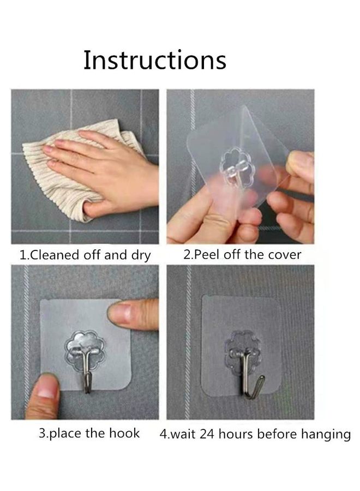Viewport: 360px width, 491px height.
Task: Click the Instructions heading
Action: click(x=154, y=60)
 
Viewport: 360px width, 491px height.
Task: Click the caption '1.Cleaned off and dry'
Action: click(x=85, y=255)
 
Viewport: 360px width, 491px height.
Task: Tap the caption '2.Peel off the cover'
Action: click(x=242, y=254)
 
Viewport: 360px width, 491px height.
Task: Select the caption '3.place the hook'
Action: click(x=89, y=434)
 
